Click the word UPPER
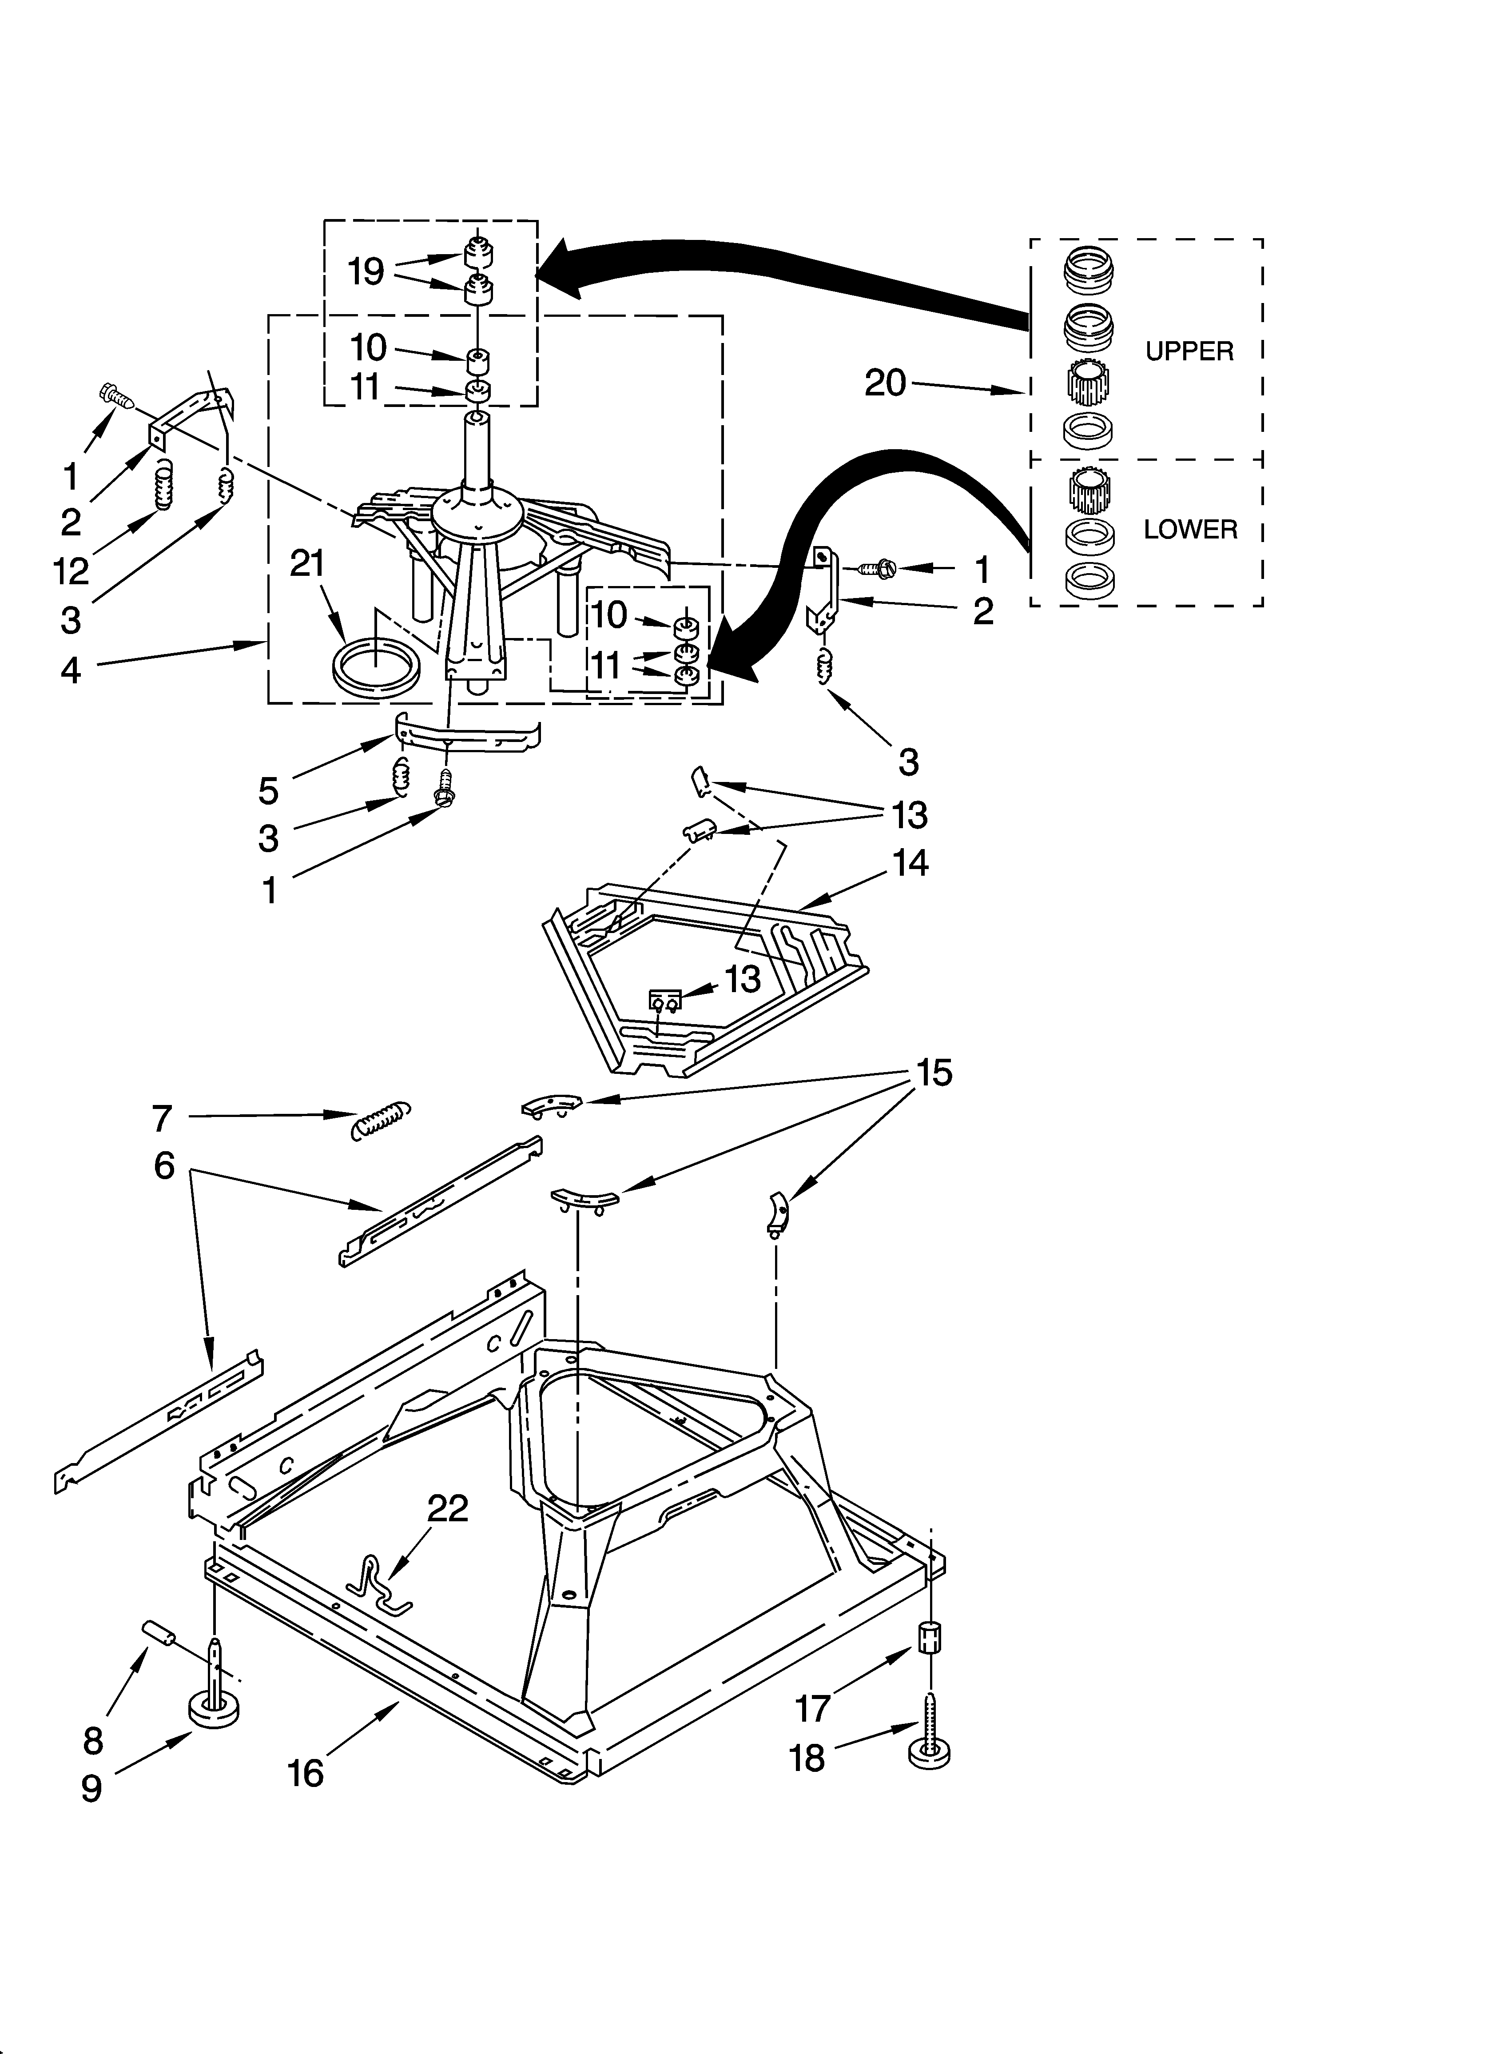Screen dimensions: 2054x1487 (x=1189, y=351)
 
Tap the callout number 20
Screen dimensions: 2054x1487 (x=885, y=383)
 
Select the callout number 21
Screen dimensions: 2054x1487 (x=307, y=563)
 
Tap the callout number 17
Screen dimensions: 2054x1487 (x=812, y=1708)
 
